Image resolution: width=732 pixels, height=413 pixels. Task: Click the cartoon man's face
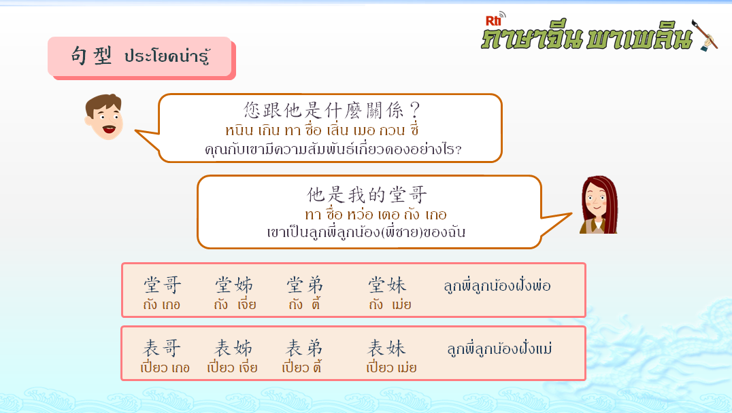[x=104, y=117]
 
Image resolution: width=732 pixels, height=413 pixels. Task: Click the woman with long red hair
[x=599, y=204]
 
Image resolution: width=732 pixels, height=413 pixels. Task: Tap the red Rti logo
[x=494, y=20]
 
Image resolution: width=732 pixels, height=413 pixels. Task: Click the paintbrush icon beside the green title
[x=705, y=35]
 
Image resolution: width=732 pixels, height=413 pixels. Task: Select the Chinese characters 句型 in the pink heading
[x=91, y=56]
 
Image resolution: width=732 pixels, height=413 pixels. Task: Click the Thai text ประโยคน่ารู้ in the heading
[x=167, y=56]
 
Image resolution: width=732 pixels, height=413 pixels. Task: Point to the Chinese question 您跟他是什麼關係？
[x=331, y=111]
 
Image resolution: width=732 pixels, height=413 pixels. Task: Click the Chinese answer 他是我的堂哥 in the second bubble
[x=367, y=195]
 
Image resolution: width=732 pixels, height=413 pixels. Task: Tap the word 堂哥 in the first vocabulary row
[x=162, y=285]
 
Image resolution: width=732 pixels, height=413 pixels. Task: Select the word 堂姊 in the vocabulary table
[x=234, y=285]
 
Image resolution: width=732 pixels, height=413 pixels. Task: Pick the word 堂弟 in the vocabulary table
[x=305, y=285]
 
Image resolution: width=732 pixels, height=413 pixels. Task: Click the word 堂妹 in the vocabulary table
[x=387, y=285]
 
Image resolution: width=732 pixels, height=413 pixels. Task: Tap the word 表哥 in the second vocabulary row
[x=161, y=348]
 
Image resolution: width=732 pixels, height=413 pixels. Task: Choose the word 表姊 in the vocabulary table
[x=233, y=348]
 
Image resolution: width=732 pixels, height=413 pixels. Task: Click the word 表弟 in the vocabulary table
[x=304, y=348]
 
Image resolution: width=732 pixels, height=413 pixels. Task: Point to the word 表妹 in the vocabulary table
[x=386, y=348]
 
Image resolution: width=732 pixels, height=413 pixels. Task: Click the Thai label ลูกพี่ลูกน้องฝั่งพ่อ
[x=497, y=285]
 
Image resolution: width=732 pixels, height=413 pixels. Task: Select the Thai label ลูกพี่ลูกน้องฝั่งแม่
[x=499, y=348]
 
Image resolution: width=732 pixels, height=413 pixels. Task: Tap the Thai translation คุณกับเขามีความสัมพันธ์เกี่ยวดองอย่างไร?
[x=333, y=149]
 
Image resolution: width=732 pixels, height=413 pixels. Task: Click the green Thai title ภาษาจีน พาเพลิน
[x=587, y=37]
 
